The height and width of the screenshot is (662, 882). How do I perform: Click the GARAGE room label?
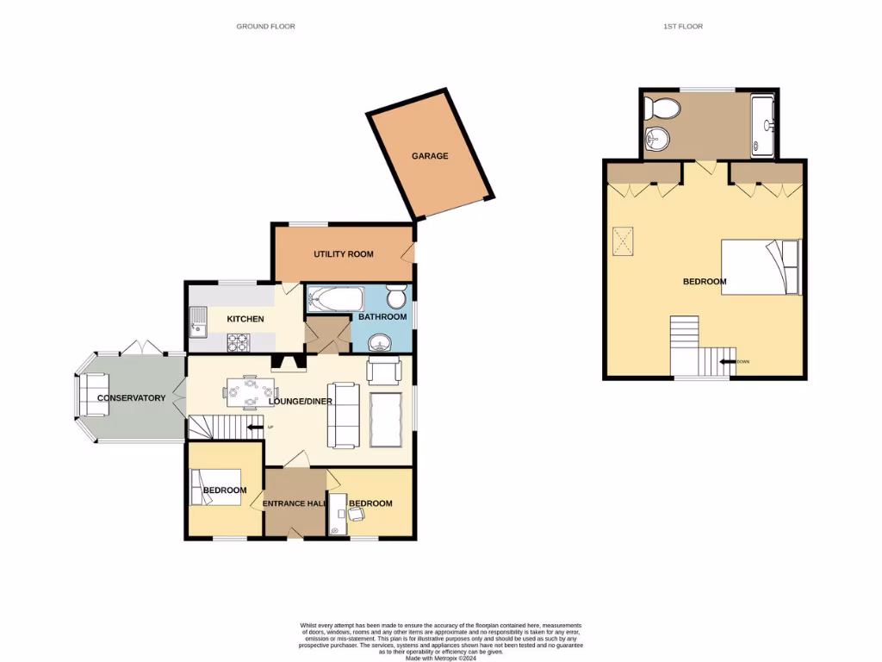click(429, 156)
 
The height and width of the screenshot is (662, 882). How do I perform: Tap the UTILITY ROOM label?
click(343, 254)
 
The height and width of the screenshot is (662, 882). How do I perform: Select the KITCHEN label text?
click(245, 319)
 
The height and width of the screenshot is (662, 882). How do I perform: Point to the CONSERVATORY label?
click(131, 398)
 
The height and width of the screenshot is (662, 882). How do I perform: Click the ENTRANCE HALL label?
click(295, 503)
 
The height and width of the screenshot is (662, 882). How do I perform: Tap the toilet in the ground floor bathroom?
click(396, 297)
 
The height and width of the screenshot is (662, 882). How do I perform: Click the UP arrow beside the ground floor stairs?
click(256, 427)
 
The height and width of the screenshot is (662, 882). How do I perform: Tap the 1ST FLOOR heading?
click(682, 27)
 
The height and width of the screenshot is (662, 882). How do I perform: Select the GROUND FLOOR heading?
click(265, 27)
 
